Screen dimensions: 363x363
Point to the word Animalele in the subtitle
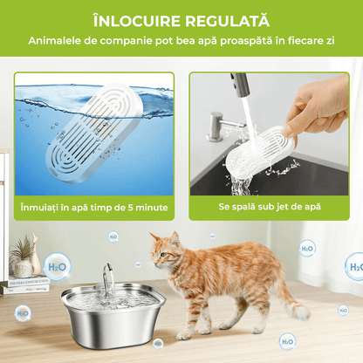point(58,41)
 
